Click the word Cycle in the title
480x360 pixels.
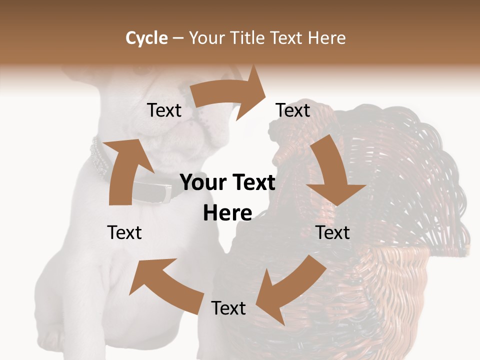(x=146, y=38)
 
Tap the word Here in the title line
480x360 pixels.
(x=327, y=38)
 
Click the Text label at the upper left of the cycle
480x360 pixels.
(x=164, y=110)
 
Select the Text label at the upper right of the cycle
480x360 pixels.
(x=293, y=110)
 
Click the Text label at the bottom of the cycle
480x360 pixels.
(x=228, y=308)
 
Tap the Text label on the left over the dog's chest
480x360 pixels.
(x=124, y=232)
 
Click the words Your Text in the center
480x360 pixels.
(x=227, y=182)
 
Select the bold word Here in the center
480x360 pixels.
(x=227, y=213)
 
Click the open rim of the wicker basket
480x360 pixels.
(x=400, y=250)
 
